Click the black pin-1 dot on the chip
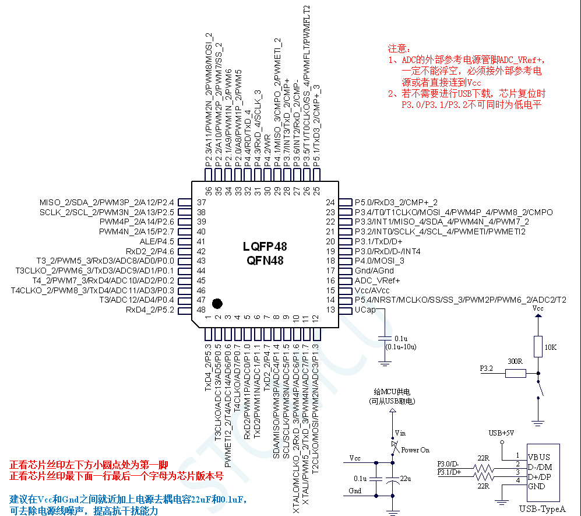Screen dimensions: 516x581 pyautogui.click(x=217, y=303)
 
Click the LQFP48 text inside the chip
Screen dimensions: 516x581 pyautogui.click(x=265, y=247)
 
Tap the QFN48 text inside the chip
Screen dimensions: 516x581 pyautogui.click(x=265, y=261)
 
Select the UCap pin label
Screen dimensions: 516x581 pyautogui.click(x=365, y=310)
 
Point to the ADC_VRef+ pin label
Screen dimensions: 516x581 pyautogui.click(x=377, y=280)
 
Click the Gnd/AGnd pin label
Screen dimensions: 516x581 pyautogui.click(x=374, y=271)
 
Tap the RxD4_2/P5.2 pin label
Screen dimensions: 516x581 pyautogui.click(x=150, y=310)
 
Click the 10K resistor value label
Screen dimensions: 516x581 pyautogui.click(x=550, y=347)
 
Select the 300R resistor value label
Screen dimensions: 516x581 pyautogui.click(x=515, y=361)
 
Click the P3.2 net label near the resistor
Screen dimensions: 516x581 pyautogui.click(x=487, y=369)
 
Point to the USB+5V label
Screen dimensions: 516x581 pyautogui.click(x=501, y=433)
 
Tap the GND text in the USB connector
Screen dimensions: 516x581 pyautogui.click(x=537, y=486)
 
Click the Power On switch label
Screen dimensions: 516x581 pyautogui.click(x=415, y=450)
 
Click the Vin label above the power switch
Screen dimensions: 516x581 pyautogui.click(x=400, y=433)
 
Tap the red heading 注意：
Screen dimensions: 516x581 pyautogui.click(x=400, y=49)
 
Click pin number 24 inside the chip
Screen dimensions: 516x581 pyautogui.click(x=330, y=202)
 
